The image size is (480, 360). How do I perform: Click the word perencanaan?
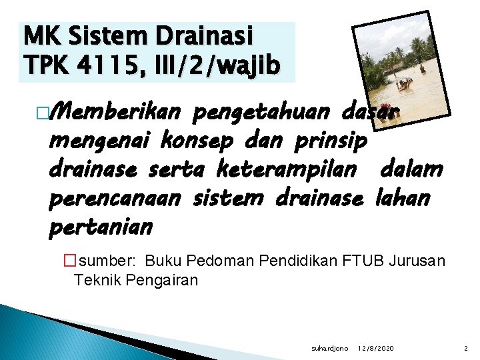click(x=117, y=199)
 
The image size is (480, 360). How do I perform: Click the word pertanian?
click(x=101, y=227)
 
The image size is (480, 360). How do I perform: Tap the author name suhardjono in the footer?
click(x=329, y=347)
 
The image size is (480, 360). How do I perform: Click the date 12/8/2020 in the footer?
click(x=375, y=347)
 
